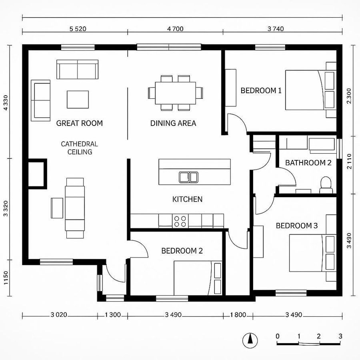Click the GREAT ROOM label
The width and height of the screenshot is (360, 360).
pyautogui.click(x=79, y=123)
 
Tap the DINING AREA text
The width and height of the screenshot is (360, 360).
pyautogui.click(x=173, y=123)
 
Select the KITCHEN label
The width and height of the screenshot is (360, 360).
pyautogui.click(x=187, y=199)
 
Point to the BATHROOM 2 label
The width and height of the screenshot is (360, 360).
pyautogui.click(x=308, y=163)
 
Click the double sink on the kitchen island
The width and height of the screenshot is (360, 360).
pyautogui.click(x=188, y=177)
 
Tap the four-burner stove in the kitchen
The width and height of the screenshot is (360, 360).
pyautogui.click(x=180, y=221)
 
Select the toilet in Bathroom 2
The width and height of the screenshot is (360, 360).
pyautogui.click(x=326, y=184)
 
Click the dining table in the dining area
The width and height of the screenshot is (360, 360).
pyautogui.click(x=176, y=93)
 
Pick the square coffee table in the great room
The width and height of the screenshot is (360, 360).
pyautogui.click(x=78, y=99)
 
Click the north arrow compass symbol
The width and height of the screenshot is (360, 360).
pyautogui.click(x=250, y=340)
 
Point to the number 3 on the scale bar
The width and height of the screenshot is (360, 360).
pyautogui.click(x=340, y=336)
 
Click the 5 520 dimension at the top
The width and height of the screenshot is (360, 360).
pyautogui.click(x=78, y=29)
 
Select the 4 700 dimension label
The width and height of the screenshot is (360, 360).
pyautogui.click(x=175, y=29)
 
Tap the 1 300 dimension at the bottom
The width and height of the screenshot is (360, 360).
pyautogui.click(x=113, y=315)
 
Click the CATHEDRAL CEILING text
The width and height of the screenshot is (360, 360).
pyautogui.click(x=79, y=148)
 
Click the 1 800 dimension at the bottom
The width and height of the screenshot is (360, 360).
pyautogui.click(x=238, y=315)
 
